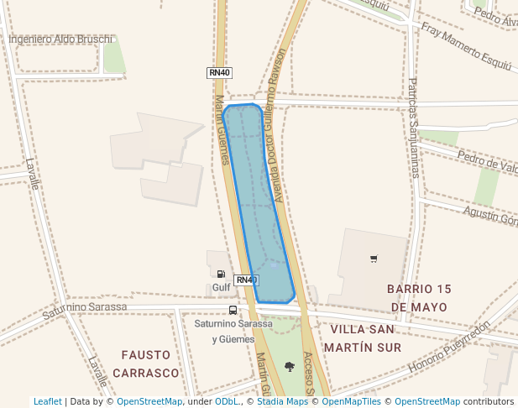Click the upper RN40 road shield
click(219, 73)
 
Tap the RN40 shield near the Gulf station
click(246, 280)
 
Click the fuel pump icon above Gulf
click(221, 274)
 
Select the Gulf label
click(221, 288)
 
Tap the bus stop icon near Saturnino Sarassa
click(233, 310)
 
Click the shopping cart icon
click(374, 259)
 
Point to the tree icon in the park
click(290, 366)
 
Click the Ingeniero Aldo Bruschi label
click(60, 39)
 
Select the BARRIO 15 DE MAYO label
click(419, 297)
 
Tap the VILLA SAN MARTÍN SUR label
click(365, 337)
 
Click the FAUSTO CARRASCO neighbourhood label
click(149, 364)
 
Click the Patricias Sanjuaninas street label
click(413, 128)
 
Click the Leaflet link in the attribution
click(48, 401)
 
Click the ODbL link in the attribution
click(227, 401)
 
